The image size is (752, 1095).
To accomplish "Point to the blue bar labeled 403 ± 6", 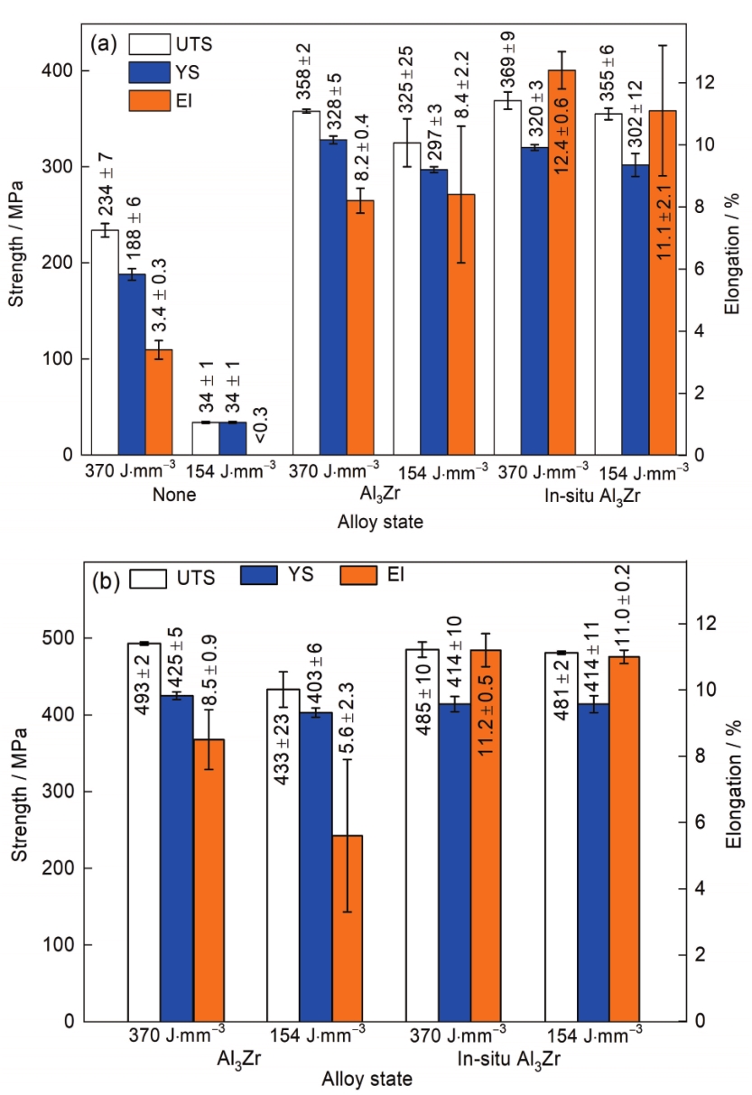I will tap(316, 867).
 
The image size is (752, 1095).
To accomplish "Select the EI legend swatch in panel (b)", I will tap(361, 575).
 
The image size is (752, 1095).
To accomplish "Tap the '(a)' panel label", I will tap(105, 42).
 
